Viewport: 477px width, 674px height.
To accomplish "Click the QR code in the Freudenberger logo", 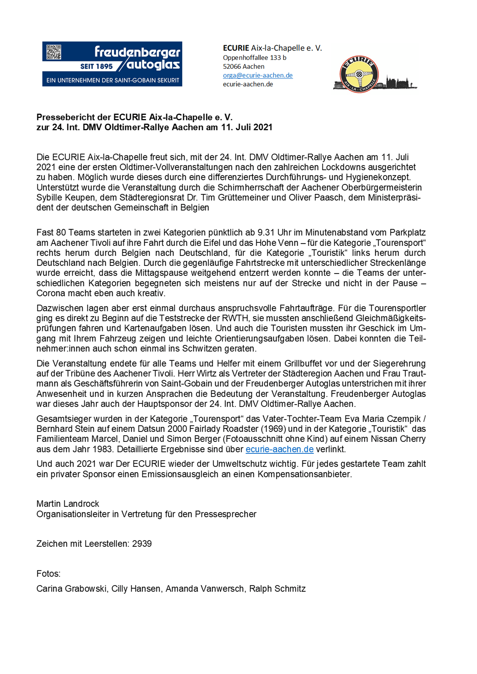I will (x=54, y=52).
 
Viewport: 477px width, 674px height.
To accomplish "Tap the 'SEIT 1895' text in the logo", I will (x=96, y=66).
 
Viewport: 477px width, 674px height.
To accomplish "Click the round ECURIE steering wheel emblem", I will (x=359, y=75).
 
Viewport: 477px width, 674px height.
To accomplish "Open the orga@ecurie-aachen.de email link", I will (x=258, y=75).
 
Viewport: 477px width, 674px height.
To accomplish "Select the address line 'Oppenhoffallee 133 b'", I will (x=255, y=58).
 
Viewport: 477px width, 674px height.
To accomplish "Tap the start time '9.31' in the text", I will (x=265, y=232).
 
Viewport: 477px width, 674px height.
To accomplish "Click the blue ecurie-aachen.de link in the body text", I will (x=280, y=449).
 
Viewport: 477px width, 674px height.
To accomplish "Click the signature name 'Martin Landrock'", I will (x=68, y=504).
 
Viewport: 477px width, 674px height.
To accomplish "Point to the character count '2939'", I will (x=142, y=544).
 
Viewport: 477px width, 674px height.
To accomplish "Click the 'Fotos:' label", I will (x=48, y=574).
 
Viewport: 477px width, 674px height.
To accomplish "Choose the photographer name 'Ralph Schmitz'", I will (x=277, y=589).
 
